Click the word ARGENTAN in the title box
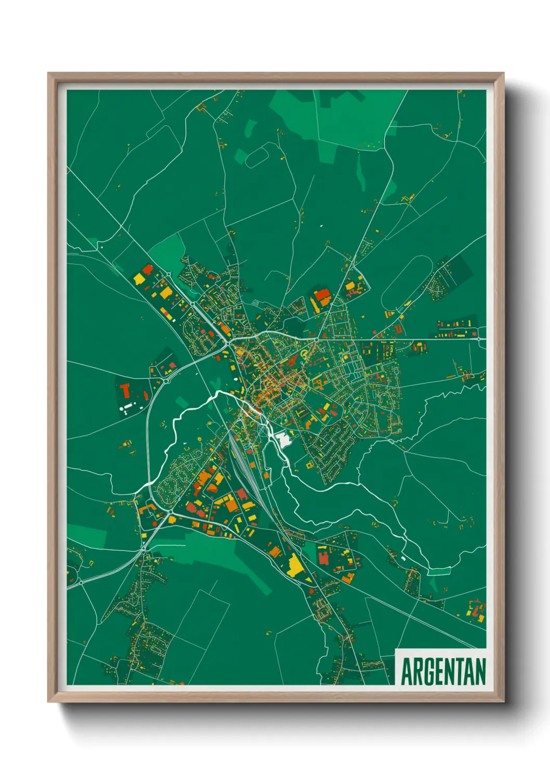click(x=443, y=671)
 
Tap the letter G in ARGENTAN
click(x=425, y=671)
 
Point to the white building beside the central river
click(x=284, y=440)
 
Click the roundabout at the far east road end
click(x=478, y=339)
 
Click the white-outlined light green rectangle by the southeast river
click(x=439, y=572)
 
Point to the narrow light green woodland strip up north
click(x=360, y=171)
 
